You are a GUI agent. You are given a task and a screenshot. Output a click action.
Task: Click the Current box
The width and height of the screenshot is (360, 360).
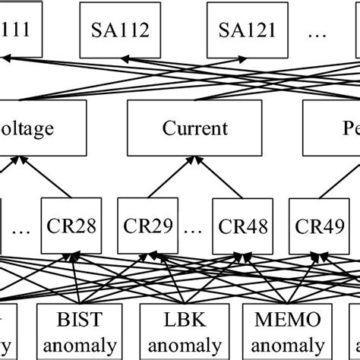click(x=194, y=128)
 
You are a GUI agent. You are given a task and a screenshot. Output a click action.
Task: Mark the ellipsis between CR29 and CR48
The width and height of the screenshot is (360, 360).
click(x=194, y=228)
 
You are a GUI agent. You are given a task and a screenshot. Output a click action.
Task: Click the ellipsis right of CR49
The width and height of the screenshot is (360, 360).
click(x=353, y=228)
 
